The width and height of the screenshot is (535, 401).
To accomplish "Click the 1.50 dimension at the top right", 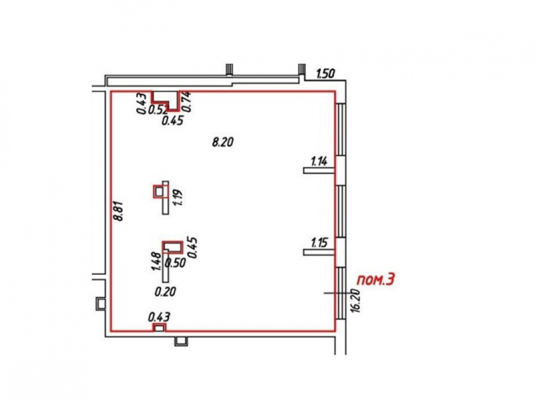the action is tap(326, 74).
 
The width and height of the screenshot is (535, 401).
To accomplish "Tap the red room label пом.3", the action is tap(376, 280).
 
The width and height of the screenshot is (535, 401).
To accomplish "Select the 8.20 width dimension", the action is tap(223, 142).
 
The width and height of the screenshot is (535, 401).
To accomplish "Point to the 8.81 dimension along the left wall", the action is tap(119, 211).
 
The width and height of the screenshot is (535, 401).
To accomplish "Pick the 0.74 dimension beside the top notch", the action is tap(187, 102).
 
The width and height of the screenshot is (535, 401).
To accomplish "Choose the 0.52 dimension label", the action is tap(158, 110).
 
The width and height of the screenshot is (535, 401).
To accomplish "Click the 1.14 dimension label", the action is tap(319, 160).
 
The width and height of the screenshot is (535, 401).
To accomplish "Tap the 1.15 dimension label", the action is tap(319, 243).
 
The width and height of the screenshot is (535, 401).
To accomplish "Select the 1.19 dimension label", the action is tap(178, 197).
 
